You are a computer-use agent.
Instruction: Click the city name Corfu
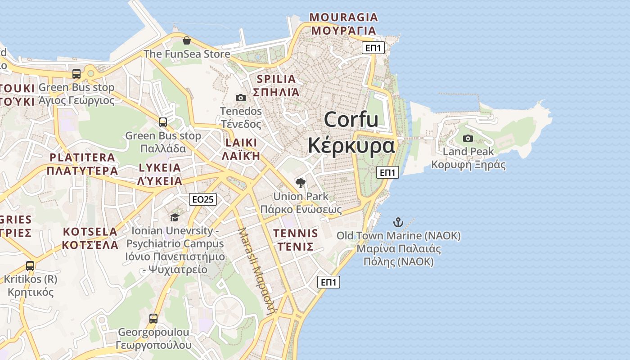click(351, 120)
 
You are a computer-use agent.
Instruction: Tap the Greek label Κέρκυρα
click(351, 145)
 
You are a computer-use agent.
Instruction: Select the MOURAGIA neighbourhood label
click(344, 18)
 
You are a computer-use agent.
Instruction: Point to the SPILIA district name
click(276, 79)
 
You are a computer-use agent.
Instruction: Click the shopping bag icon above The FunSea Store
click(187, 41)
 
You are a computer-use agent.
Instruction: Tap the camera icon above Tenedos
click(241, 98)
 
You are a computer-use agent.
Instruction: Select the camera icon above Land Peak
click(468, 138)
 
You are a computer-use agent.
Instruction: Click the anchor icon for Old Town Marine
click(398, 222)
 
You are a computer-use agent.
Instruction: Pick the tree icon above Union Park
click(301, 183)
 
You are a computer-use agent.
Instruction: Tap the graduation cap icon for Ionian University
click(175, 217)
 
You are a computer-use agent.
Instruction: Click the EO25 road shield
click(203, 199)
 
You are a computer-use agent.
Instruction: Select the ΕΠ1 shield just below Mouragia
click(373, 48)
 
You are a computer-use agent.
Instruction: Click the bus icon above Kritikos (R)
click(30, 265)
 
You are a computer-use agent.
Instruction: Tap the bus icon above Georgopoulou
click(153, 319)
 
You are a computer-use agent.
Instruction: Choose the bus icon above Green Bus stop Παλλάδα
click(163, 122)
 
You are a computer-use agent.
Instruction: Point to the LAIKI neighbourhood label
click(241, 143)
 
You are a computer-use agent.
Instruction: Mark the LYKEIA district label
click(160, 168)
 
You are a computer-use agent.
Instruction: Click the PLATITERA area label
click(82, 157)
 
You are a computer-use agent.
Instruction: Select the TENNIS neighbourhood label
click(296, 234)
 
